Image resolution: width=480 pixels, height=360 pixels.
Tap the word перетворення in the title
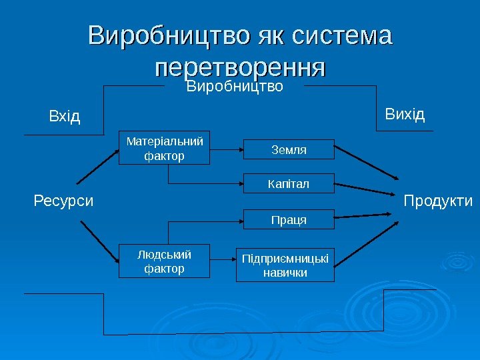240,67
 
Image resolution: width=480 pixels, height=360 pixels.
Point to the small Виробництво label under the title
235,87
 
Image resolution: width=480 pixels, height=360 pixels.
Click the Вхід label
65,117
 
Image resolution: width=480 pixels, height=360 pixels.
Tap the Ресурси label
64,200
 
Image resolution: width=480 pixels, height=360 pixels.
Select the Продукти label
438,201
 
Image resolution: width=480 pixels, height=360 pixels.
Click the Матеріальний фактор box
164,148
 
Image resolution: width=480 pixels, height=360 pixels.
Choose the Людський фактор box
164,261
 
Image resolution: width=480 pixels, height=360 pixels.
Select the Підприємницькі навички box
286,265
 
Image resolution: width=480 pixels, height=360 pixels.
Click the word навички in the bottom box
285,273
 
